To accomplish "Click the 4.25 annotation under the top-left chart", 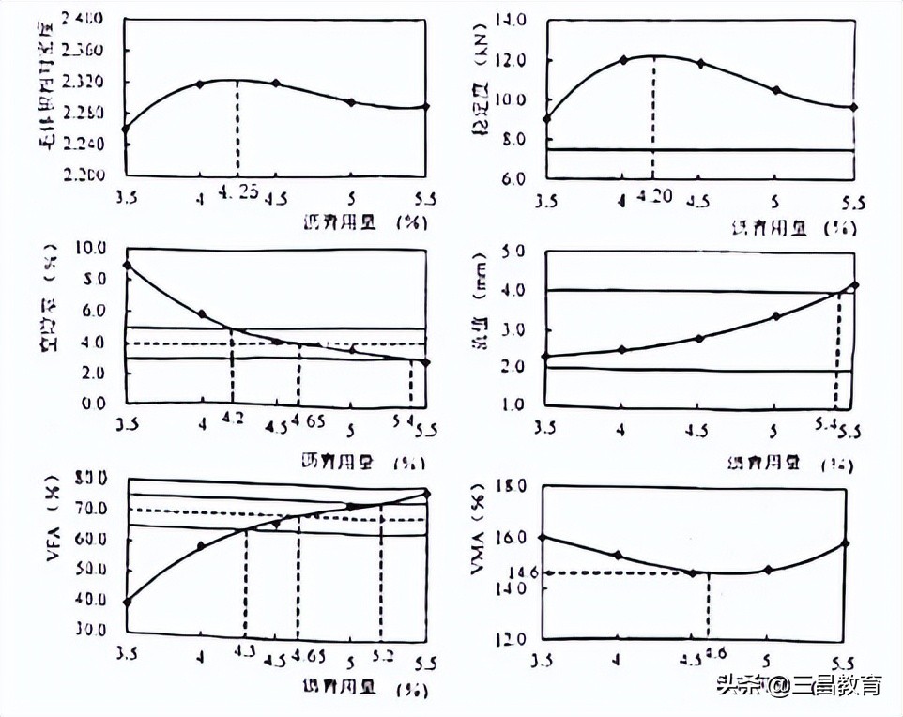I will (x=237, y=191).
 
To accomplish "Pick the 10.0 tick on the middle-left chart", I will (x=90, y=248).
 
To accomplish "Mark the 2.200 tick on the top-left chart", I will (x=86, y=175).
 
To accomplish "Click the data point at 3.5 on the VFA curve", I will (x=127, y=602).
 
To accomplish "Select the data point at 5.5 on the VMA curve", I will (x=846, y=542).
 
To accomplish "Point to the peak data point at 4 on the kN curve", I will (x=623, y=60).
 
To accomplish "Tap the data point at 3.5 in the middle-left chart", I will (x=127, y=266).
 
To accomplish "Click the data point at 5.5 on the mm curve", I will (x=854, y=284).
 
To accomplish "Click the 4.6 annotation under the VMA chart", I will (x=717, y=651).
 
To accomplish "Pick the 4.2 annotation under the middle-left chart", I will (x=233, y=419).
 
